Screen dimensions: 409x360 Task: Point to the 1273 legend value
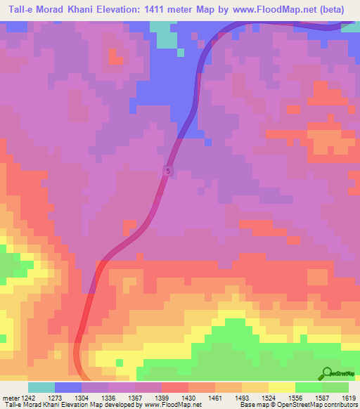point(54,397)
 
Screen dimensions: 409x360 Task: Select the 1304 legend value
point(81,397)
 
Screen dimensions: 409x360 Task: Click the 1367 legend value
point(135,397)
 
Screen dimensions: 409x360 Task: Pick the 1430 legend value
point(188,397)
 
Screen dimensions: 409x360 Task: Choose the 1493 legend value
point(242,397)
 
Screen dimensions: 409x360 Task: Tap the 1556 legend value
point(295,397)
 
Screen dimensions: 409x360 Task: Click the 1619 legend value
point(347,397)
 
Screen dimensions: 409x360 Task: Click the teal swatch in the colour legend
point(41,387)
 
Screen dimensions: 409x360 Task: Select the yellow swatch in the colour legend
point(282,387)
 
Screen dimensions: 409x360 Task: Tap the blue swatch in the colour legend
point(68,387)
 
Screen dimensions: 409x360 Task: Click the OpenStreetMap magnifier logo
point(327,373)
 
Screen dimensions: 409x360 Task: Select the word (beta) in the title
point(339,10)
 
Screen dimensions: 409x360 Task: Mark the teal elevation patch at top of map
point(165,34)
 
